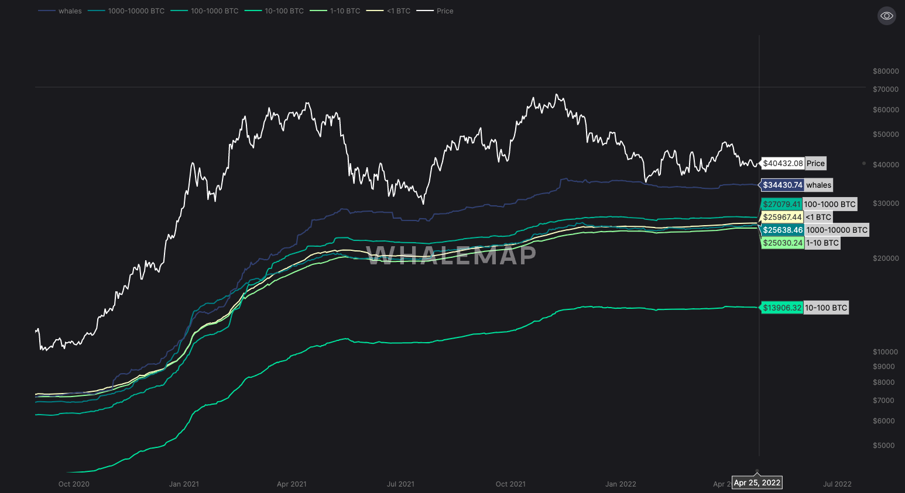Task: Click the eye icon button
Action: pos(886,16)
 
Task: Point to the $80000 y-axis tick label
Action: pos(886,71)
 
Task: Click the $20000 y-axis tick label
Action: pos(886,258)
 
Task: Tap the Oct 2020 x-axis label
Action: pos(74,484)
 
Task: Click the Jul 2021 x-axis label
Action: pos(400,484)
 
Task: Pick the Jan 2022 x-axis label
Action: pos(621,484)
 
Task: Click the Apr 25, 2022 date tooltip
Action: pos(757,483)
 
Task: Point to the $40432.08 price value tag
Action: pos(783,164)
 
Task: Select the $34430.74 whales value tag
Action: pos(782,185)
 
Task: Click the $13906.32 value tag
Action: pos(782,308)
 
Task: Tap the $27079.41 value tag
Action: pos(781,205)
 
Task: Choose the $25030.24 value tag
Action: pos(782,243)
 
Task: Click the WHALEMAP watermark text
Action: pos(451,255)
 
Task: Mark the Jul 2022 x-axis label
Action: pos(837,484)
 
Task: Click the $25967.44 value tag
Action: pos(782,218)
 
